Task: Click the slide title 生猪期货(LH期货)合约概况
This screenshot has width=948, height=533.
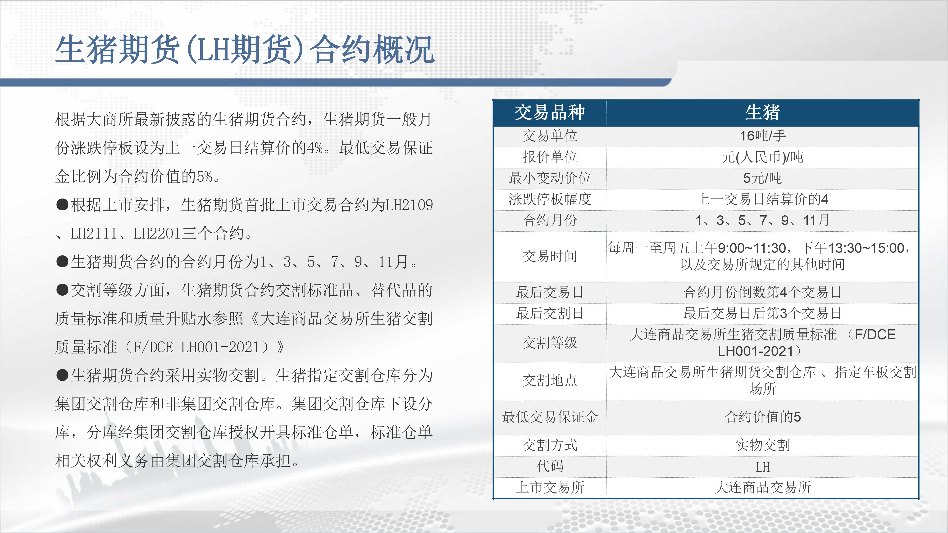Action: click(245, 50)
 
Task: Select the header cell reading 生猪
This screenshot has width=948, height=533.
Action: click(762, 112)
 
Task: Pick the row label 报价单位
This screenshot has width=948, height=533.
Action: click(550, 157)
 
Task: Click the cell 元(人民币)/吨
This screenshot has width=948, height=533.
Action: click(762, 157)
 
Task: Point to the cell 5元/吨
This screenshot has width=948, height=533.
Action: click(762, 178)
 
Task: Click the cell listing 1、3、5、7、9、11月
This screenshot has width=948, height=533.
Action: click(762, 220)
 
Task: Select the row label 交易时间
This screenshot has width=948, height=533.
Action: click(550, 256)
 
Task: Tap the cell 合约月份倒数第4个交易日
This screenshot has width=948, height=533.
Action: click(762, 292)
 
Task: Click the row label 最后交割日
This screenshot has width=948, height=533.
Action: click(550, 313)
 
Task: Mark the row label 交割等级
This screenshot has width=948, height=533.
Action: click(550, 343)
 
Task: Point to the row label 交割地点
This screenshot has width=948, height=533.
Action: click(550, 380)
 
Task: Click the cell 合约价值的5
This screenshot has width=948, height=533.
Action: click(762, 417)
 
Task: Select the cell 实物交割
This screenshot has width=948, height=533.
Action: click(762, 445)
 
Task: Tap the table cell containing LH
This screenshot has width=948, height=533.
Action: click(762, 467)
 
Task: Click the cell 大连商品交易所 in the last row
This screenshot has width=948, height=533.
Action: click(762, 488)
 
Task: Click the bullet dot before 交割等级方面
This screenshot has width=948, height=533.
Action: click(62, 290)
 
